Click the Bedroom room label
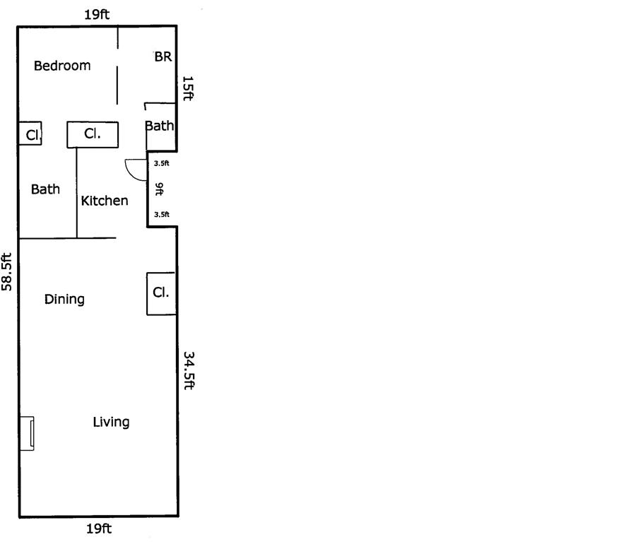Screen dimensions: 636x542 pos(62,66)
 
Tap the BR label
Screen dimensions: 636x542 pos(163,57)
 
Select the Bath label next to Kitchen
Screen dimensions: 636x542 pos(45,189)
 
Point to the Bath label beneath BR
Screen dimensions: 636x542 pos(160,126)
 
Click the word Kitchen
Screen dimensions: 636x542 pos(105,201)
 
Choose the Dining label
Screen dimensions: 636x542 pos(64,299)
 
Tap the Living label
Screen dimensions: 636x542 pos(111,422)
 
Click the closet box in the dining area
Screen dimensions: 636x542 pos(161,293)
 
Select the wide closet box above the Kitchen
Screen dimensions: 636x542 pos(93,134)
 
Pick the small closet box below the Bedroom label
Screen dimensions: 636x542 pos(30,134)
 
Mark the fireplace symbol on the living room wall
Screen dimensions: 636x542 pos(28,432)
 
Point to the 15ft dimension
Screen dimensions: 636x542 pos(187,88)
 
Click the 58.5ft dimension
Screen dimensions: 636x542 pos(7,272)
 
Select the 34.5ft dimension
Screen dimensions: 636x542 pos(189,370)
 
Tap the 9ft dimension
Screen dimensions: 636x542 pos(160,189)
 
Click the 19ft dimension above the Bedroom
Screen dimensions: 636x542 pos(97,14)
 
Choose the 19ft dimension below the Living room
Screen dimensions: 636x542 pos(98,529)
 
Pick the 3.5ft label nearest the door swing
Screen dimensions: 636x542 pos(161,163)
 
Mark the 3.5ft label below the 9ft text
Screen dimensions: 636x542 pos(161,214)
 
